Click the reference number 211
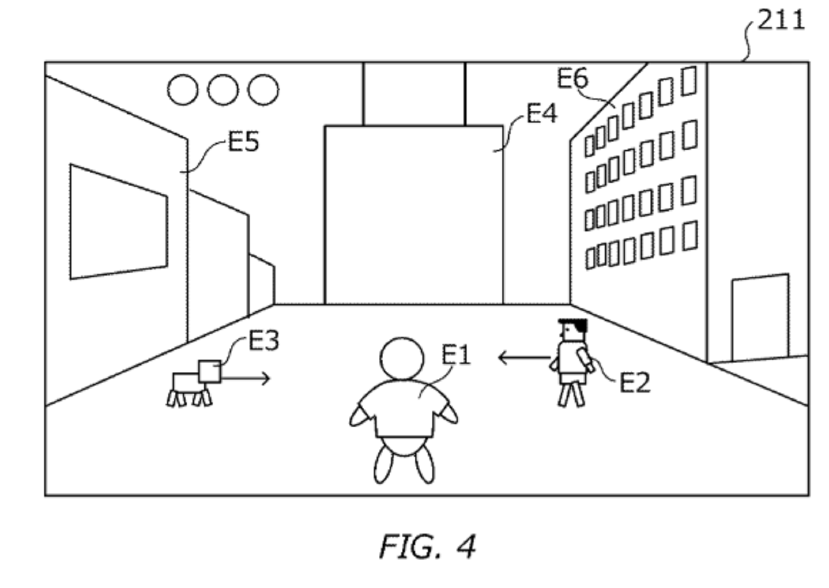pos(781,21)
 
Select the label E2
pos(635,382)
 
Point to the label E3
pos(264,341)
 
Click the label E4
pos(542,114)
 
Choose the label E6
pos(572,79)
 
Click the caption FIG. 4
pos(427,546)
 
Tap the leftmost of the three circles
pos(183,90)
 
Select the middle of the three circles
pos(223,90)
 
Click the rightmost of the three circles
pos(263,90)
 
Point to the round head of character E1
pos(402,359)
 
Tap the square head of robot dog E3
pos(210,371)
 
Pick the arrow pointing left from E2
pos(524,358)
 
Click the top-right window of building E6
pos(689,81)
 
